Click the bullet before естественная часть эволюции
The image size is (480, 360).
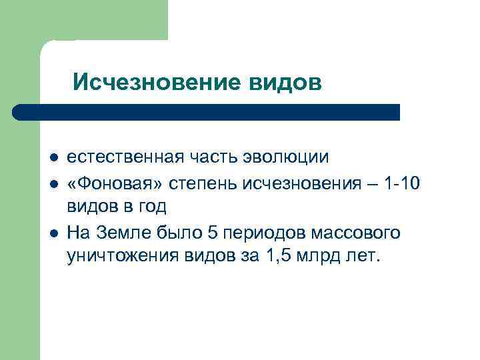(x=53, y=158)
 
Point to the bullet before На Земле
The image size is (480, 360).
(x=53, y=233)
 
